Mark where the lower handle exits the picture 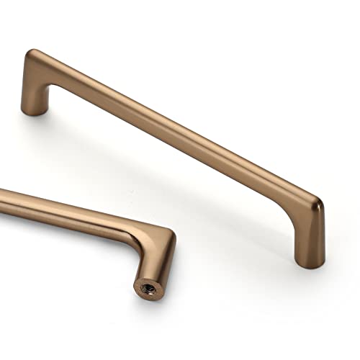[2, 195]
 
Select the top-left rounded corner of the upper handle [36, 55]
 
